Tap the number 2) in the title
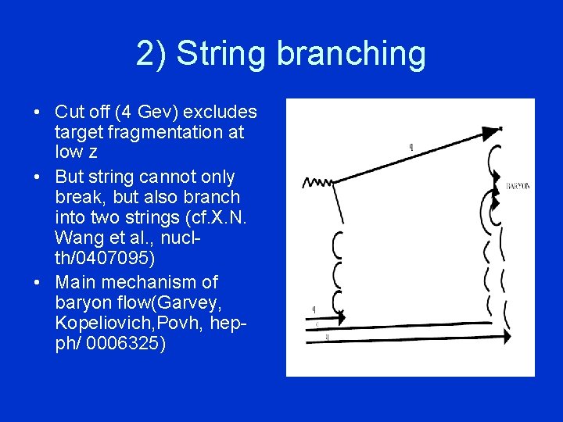(150, 54)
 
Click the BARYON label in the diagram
(518, 186)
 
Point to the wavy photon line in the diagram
(317, 183)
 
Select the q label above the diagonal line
(412, 146)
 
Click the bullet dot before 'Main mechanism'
(38, 281)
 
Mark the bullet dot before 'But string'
(38, 177)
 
